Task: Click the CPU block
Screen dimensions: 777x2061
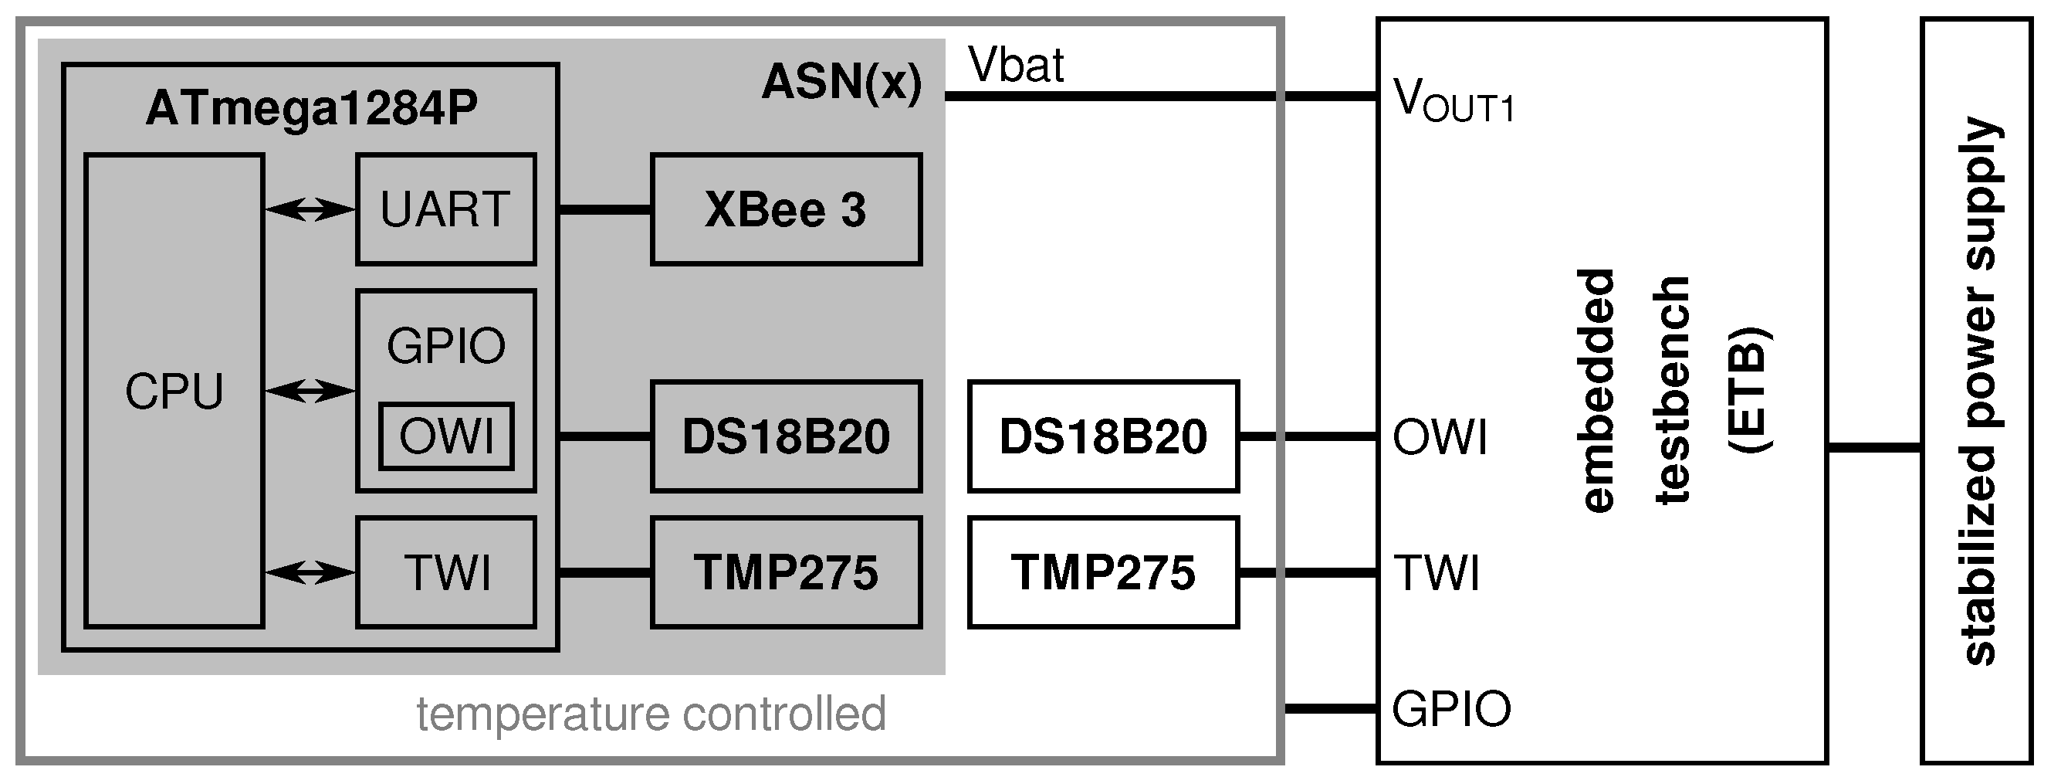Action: pos(174,391)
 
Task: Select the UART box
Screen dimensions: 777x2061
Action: pos(445,209)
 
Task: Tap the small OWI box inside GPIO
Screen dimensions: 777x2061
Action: pos(446,437)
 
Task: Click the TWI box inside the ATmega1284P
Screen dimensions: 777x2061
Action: pos(445,573)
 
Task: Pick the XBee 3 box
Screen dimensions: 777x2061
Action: pos(786,209)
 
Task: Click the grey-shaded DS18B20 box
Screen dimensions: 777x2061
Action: pos(786,437)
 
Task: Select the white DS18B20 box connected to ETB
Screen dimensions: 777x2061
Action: pos(1102,437)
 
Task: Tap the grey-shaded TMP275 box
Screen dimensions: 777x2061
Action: pos(786,573)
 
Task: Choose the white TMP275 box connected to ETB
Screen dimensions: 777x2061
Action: pos(1102,573)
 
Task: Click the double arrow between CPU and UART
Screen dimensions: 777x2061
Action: pos(310,209)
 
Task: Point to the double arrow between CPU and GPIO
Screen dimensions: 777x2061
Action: pos(310,391)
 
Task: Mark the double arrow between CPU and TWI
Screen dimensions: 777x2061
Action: pos(310,573)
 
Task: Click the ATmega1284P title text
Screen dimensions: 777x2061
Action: pos(311,108)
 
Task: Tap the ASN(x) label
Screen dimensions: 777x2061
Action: pos(841,83)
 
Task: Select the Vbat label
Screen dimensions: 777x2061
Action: pos(1015,66)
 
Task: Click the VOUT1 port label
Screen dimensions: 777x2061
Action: pos(1453,102)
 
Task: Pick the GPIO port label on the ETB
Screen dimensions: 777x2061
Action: pos(1450,709)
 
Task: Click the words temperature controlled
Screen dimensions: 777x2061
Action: pos(651,714)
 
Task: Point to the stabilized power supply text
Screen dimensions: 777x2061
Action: pos(1978,391)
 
